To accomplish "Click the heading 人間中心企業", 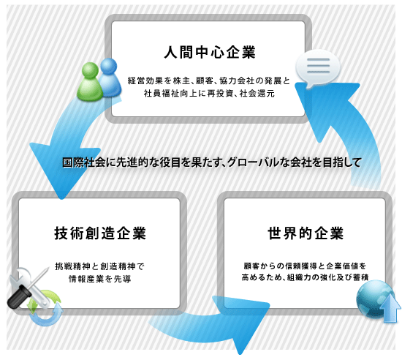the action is click(x=210, y=53).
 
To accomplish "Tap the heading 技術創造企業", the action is click(x=100, y=233).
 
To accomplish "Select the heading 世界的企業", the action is click(x=306, y=233).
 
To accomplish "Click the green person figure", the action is click(x=90, y=82).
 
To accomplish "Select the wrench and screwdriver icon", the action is click(x=29, y=287).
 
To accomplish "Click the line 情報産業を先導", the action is click(x=100, y=279).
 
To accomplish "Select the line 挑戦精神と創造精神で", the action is click(x=100, y=266).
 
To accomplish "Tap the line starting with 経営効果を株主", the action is click(x=209, y=80).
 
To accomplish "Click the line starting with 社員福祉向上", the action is click(x=209, y=93).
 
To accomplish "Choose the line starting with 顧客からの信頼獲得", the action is click(x=305, y=266).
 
